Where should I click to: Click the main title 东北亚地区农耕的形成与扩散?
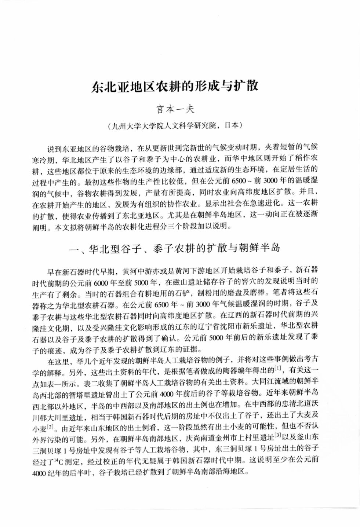pos(175,86)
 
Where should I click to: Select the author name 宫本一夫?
pos(175,109)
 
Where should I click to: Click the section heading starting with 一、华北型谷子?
pos(175,248)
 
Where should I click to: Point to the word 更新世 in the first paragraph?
pos(163,148)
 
